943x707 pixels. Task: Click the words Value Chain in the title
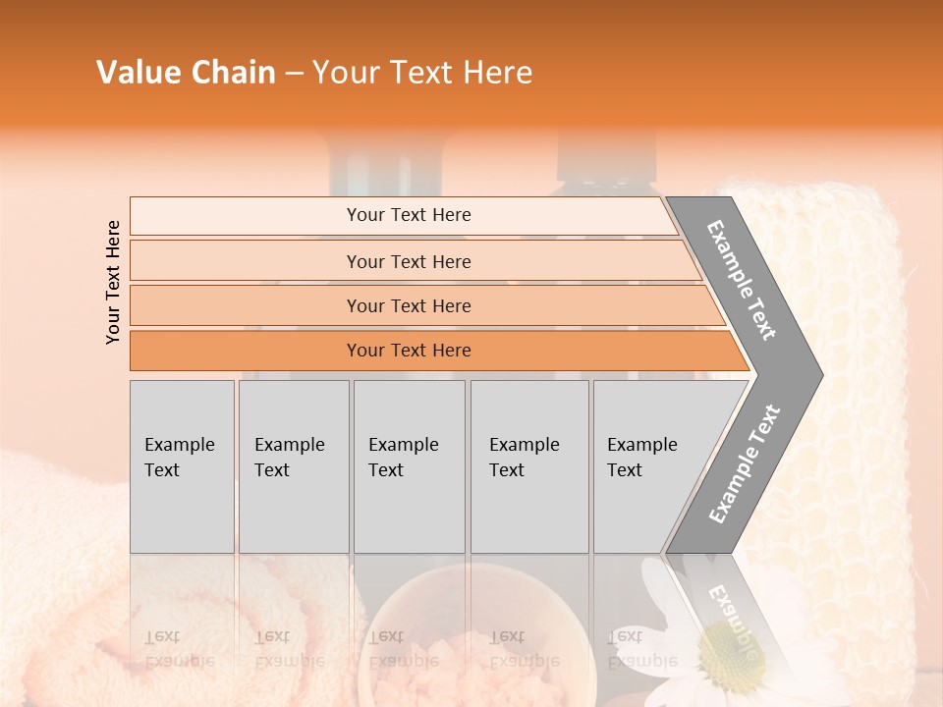pos(186,73)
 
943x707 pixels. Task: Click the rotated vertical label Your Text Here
pos(113,282)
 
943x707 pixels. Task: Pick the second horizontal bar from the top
pos(408,261)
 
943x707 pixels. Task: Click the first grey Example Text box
pos(182,466)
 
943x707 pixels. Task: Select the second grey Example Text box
pos(294,466)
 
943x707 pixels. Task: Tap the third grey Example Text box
pos(409,466)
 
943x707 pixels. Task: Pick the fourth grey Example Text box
pos(529,466)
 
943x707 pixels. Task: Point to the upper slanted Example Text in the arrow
pos(742,280)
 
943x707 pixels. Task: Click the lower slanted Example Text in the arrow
pos(745,463)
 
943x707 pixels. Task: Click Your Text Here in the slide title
pos(422,73)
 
